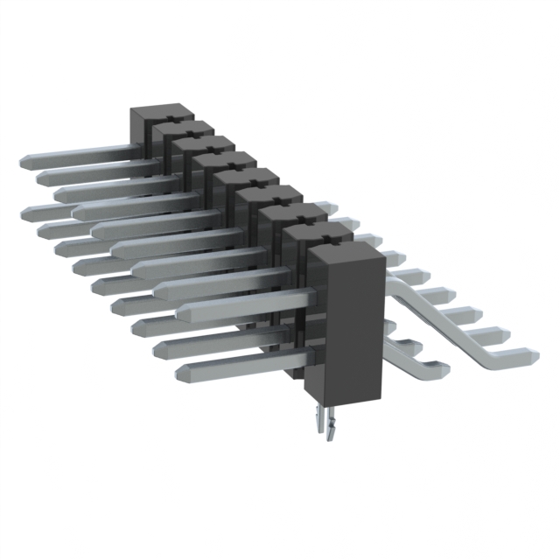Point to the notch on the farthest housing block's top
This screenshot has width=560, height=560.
(172, 113)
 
